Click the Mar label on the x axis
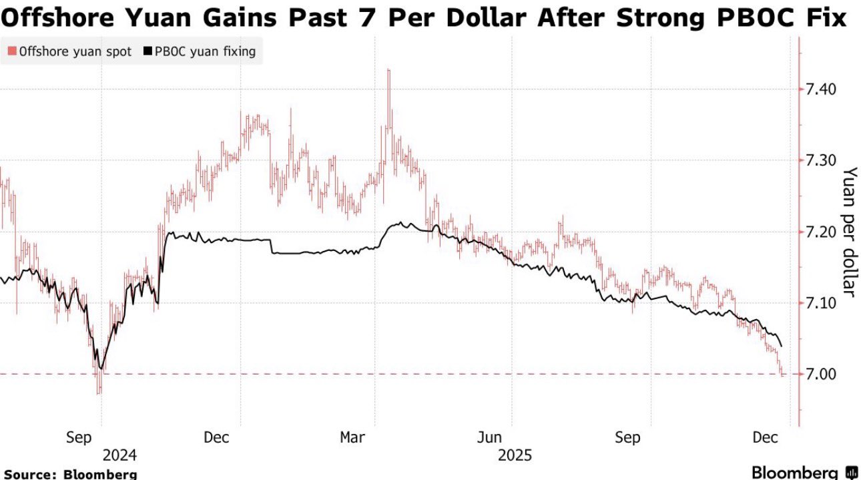[x=352, y=437]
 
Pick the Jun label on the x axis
[x=491, y=437]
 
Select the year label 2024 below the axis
[x=119, y=455]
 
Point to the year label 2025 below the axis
[x=515, y=455]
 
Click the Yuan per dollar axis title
[x=848, y=230]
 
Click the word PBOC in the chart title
[x=751, y=18]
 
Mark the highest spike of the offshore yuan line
[x=388, y=69]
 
